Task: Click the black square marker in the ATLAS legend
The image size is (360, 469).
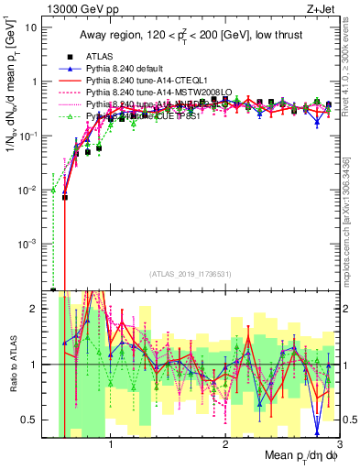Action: click(x=66, y=57)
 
